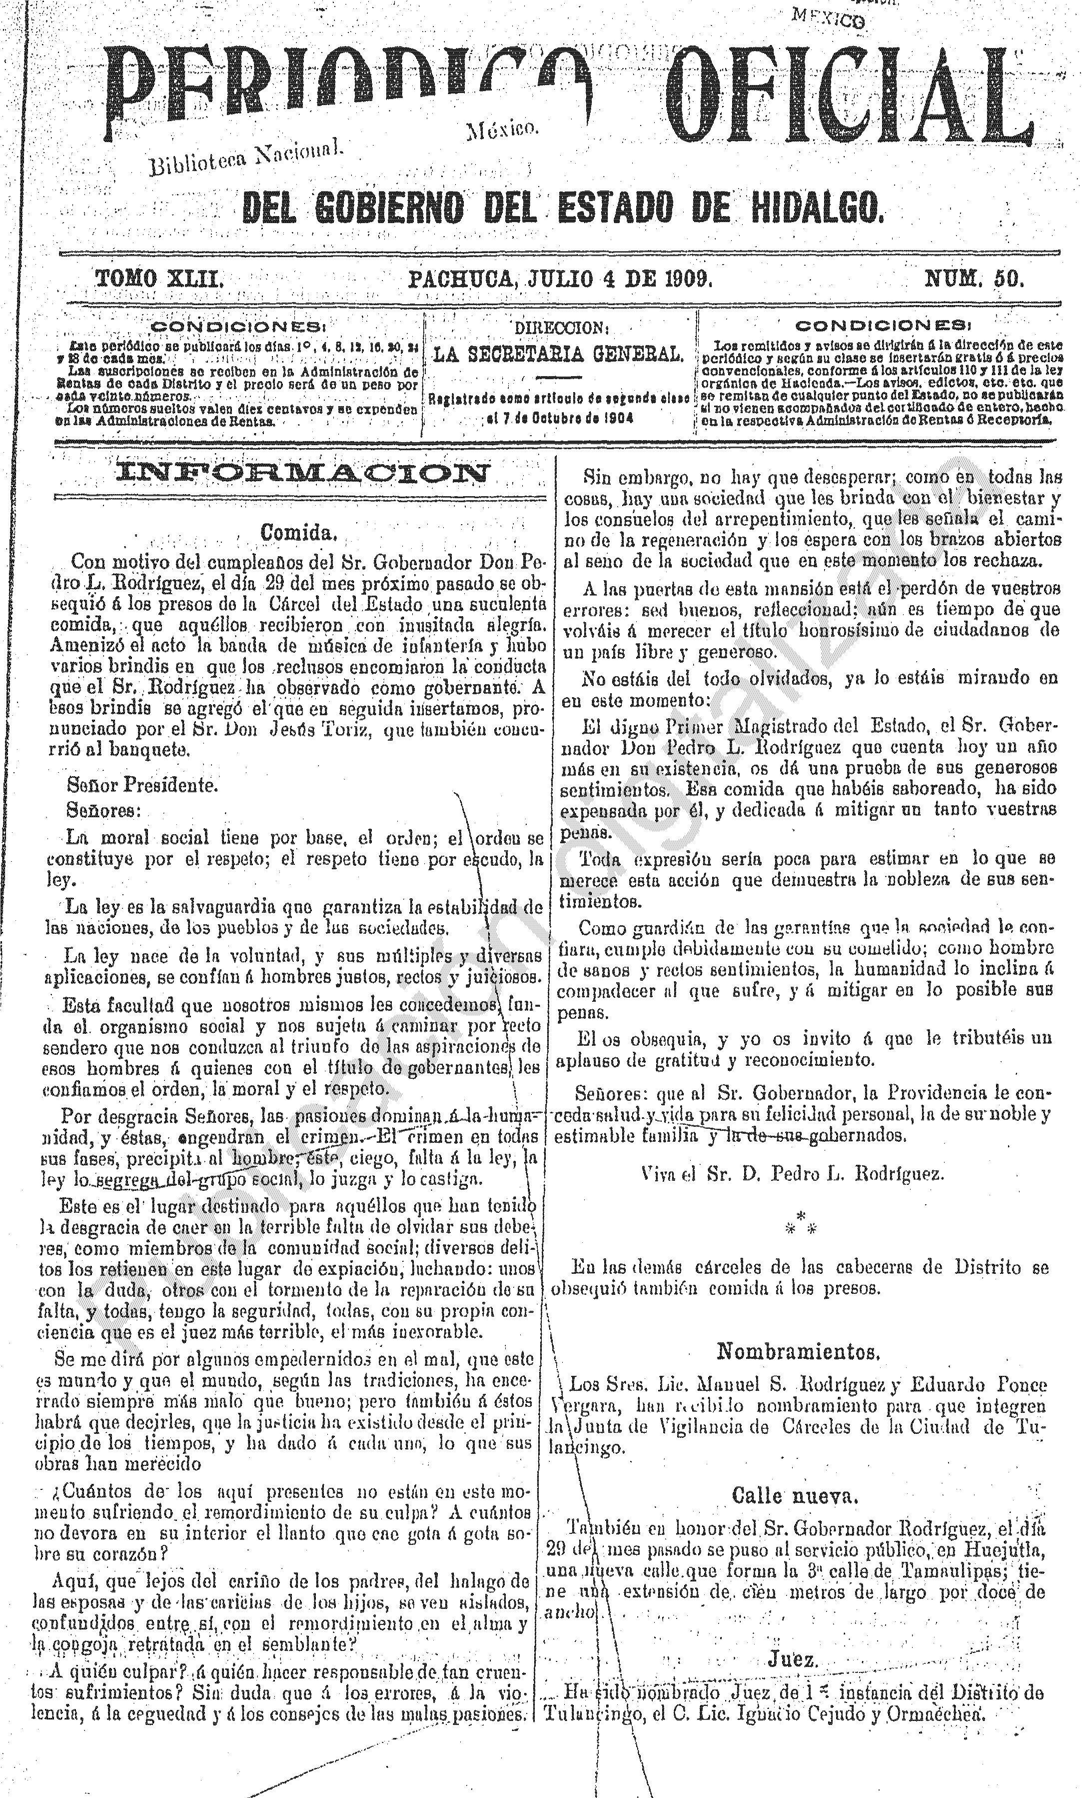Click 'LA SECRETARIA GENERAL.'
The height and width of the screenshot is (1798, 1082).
559,355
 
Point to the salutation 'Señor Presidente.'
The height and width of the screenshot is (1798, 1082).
141,786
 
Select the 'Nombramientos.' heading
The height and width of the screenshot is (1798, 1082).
798,1351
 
